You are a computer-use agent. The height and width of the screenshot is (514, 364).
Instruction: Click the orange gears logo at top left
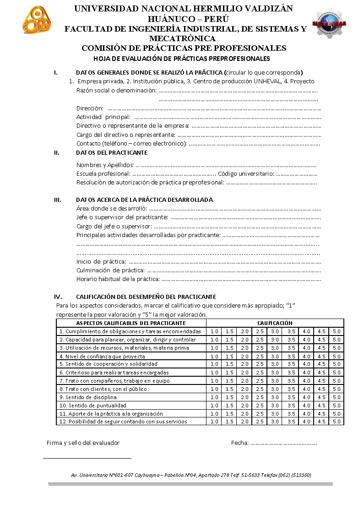tap(37, 20)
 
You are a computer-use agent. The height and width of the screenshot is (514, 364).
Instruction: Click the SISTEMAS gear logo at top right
tap(329, 23)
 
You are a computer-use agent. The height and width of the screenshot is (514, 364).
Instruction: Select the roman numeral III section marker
tap(58, 200)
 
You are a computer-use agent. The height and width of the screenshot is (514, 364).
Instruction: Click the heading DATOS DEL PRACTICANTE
tap(112, 153)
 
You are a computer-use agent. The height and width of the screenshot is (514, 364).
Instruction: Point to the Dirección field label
tap(90, 108)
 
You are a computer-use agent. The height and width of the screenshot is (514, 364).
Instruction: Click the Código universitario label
tap(246, 174)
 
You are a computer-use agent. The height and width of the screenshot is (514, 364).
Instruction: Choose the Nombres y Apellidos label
tap(105, 165)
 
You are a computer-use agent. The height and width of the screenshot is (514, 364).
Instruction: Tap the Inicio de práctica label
tap(101, 262)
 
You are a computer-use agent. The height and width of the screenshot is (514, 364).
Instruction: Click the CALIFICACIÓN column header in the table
tap(275, 323)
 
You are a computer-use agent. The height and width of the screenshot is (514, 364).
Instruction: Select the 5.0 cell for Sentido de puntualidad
tap(337, 406)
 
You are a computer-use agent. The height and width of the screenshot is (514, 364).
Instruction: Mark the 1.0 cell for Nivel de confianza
tap(214, 357)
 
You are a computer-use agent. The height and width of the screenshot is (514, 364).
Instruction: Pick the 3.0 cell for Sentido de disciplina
tap(275, 397)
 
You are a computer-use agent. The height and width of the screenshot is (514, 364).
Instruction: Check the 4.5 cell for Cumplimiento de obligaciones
tap(321, 331)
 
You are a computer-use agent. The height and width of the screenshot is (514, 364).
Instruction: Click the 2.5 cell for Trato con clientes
tap(260, 389)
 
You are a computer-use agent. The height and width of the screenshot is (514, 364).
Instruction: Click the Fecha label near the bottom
tap(240, 443)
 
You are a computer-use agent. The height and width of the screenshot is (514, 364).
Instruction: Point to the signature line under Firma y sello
tap(87, 458)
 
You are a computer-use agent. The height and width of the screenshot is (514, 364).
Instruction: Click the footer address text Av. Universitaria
tap(191, 475)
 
